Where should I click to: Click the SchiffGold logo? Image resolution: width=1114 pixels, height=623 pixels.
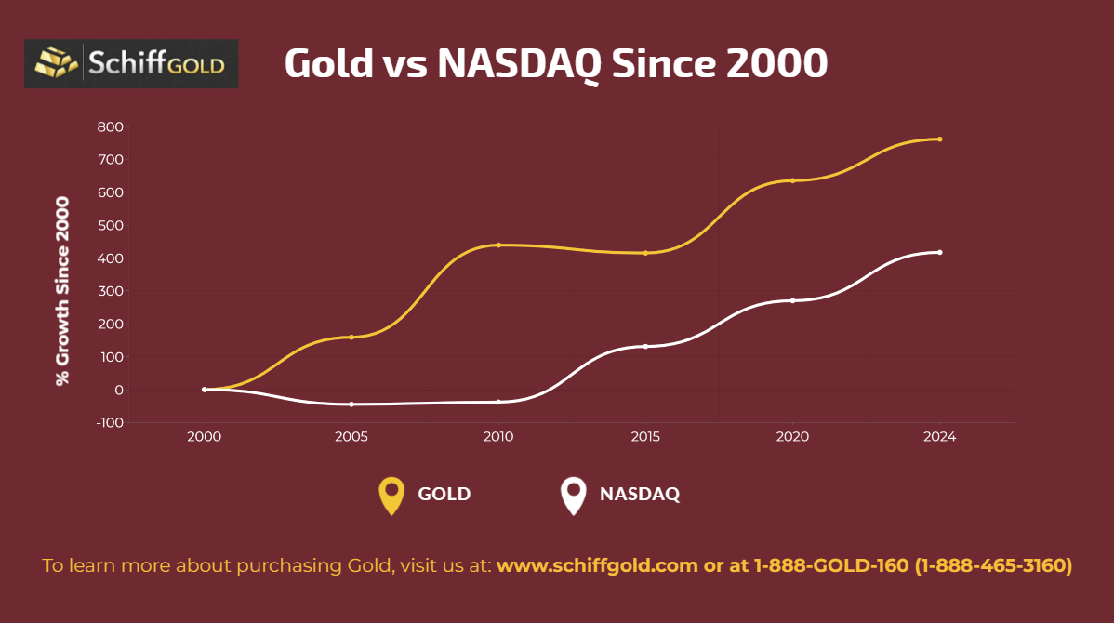(x=131, y=64)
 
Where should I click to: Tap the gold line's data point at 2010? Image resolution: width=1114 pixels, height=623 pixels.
(x=498, y=245)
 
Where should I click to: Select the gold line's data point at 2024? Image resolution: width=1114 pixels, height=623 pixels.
(x=940, y=139)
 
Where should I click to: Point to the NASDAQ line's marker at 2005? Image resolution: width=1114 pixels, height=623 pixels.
(x=351, y=404)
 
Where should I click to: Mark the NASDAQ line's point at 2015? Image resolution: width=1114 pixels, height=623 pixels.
(x=645, y=346)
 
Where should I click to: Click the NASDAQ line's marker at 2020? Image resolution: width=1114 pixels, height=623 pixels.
(x=792, y=300)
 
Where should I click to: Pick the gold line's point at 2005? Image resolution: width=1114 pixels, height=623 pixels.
(x=351, y=337)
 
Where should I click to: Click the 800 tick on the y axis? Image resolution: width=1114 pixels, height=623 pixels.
(x=111, y=126)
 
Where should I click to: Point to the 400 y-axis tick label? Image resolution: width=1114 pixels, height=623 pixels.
(x=111, y=258)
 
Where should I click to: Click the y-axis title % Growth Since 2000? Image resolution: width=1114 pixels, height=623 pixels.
(x=62, y=290)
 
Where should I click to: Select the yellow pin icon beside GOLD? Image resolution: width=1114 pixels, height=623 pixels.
(x=391, y=495)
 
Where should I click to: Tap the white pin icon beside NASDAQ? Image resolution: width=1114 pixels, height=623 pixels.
(x=574, y=495)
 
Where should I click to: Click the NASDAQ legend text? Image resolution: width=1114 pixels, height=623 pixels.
(x=639, y=494)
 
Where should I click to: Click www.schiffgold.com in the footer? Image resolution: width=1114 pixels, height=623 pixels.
(x=596, y=565)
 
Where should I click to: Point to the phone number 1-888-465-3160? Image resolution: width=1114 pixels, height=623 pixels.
(x=994, y=565)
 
